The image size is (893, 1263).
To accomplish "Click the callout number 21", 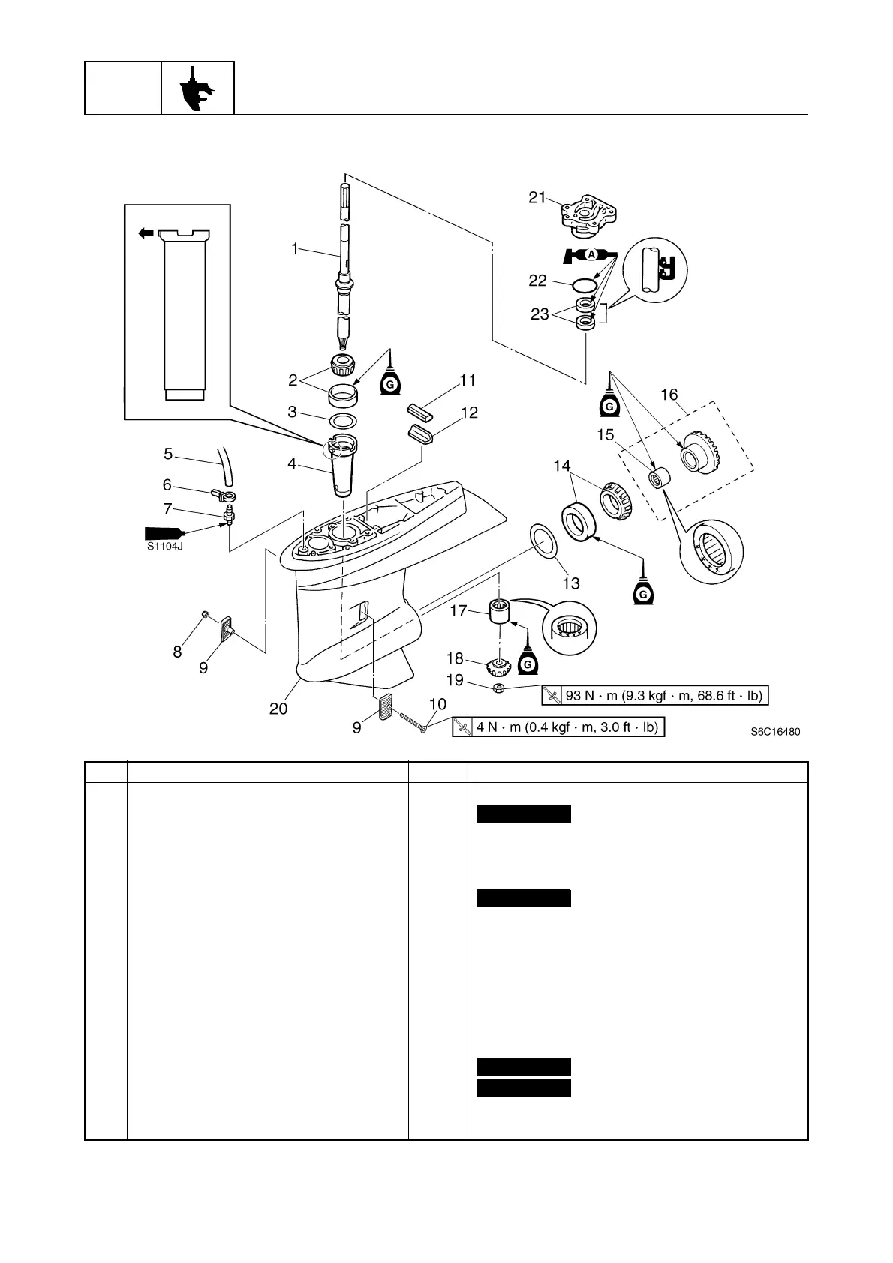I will point(536,197).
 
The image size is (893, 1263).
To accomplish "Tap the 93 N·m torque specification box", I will point(655,696).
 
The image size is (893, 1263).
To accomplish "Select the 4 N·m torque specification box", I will point(559,727).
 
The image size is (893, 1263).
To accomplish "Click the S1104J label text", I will point(165,546).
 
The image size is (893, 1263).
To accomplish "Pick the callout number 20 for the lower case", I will point(278,708).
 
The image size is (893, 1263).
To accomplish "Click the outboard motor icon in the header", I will point(197,88).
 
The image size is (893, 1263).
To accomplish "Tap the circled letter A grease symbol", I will point(591,255).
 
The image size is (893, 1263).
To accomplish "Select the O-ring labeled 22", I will point(584,285).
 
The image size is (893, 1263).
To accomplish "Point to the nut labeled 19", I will point(498,688).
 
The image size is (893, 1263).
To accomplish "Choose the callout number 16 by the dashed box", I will point(669,394).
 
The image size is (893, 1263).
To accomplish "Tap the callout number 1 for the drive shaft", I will point(295,248).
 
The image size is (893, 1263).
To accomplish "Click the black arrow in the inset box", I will point(146,234).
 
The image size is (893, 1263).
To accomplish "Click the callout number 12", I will point(469,412).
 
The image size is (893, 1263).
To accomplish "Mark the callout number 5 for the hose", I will point(168,454).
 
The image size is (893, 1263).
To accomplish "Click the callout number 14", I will point(562,466).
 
